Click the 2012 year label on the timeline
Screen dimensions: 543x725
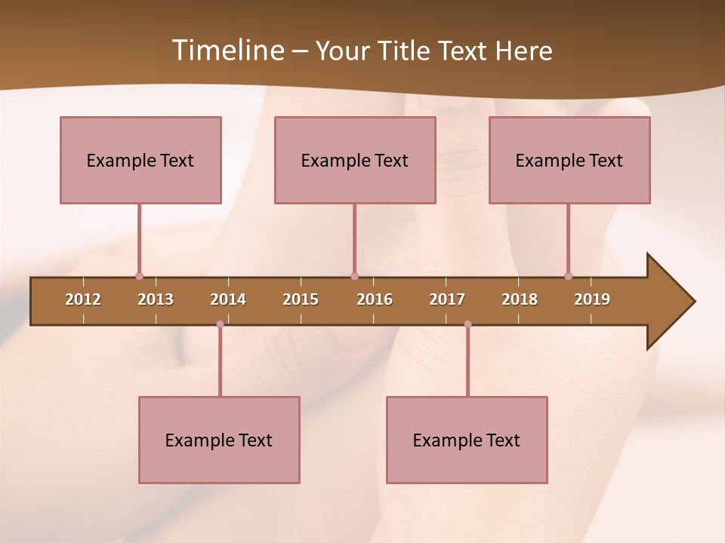pos(83,299)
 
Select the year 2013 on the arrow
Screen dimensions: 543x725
pos(156,299)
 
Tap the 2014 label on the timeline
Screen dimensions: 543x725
pos(228,299)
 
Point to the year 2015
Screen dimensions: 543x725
pos(301,299)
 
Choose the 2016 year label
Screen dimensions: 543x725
pos(375,299)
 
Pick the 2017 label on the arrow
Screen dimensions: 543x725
pos(447,299)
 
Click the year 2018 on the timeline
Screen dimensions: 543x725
pos(520,299)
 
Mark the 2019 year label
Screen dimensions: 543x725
pos(592,299)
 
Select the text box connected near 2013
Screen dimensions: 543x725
pos(140,160)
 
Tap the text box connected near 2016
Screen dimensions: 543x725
pos(355,160)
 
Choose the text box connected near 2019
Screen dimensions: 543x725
pos(569,160)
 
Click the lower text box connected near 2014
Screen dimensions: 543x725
pos(219,440)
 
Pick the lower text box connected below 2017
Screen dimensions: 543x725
pos(467,440)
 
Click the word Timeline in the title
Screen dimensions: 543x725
pos(227,51)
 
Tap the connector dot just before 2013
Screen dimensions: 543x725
pos(139,277)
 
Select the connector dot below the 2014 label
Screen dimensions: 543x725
pos(220,324)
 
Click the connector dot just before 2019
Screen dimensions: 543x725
pos(568,277)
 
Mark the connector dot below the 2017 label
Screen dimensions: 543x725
pos(467,324)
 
